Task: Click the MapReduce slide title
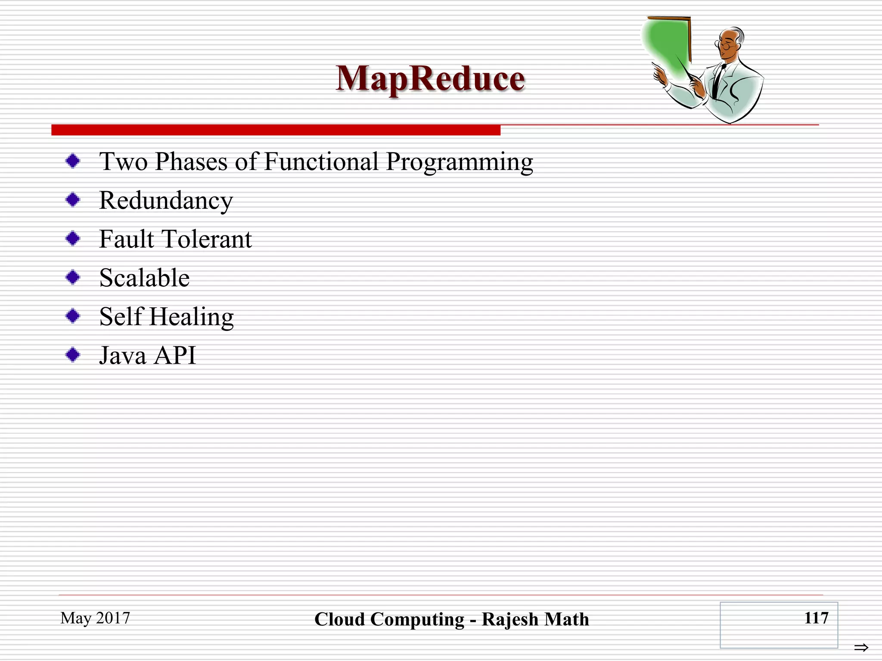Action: click(x=430, y=79)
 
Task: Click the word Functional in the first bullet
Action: click(x=321, y=162)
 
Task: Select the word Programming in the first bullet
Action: click(x=460, y=163)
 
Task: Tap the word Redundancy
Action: click(x=166, y=201)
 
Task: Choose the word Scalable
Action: click(x=144, y=278)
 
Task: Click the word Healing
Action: click(x=192, y=317)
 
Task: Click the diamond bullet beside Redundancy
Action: click(x=73, y=200)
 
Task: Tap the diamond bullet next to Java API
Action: click(x=73, y=355)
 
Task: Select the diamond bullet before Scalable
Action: click(x=73, y=277)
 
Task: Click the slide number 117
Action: click(x=816, y=618)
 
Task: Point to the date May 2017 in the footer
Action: click(x=95, y=618)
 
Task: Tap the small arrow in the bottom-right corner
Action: click(x=861, y=647)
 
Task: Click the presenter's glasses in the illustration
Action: click(x=727, y=44)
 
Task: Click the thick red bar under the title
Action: click(x=276, y=130)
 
